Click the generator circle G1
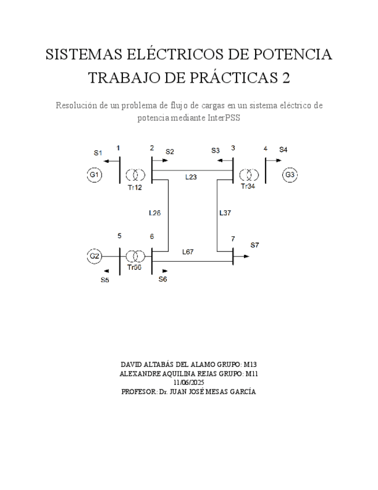pyautogui.click(x=94, y=175)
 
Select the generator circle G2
pyautogui.click(x=94, y=255)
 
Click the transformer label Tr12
pyautogui.click(x=135, y=188)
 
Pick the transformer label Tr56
pyautogui.click(x=134, y=268)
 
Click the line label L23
pyautogui.click(x=191, y=177)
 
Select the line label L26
pyautogui.click(x=155, y=213)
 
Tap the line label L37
pyautogui.click(x=225, y=213)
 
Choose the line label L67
pyautogui.click(x=188, y=251)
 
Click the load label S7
pyautogui.click(x=255, y=245)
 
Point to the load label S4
pyautogui.click(x=283, y=150)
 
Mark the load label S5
pyautogui.click(x=104, y=280)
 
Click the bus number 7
pyautogui.click(x=233, y=239)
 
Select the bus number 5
pyautogui.click(x=119, y=236)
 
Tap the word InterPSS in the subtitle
pyautogui.click(x=223, y=117)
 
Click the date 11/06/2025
pyautogui.click(x=188, y=382)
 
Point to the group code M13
pyautogui.click(x=250, y=365)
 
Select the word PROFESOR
pyautogui.click(x=139, y=391)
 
